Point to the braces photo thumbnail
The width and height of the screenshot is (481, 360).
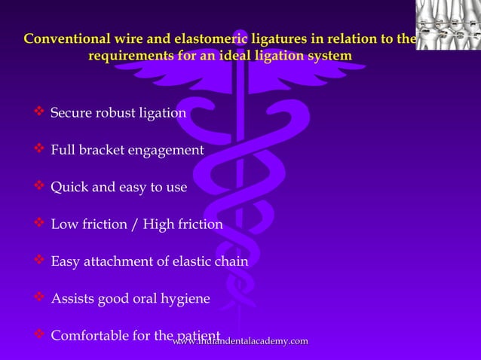[x=448, y=26]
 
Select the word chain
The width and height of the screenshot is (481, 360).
[x=231, y=261]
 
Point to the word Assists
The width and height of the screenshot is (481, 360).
[x=72, y=298]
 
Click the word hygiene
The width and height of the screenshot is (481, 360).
[x=185, y=299]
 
